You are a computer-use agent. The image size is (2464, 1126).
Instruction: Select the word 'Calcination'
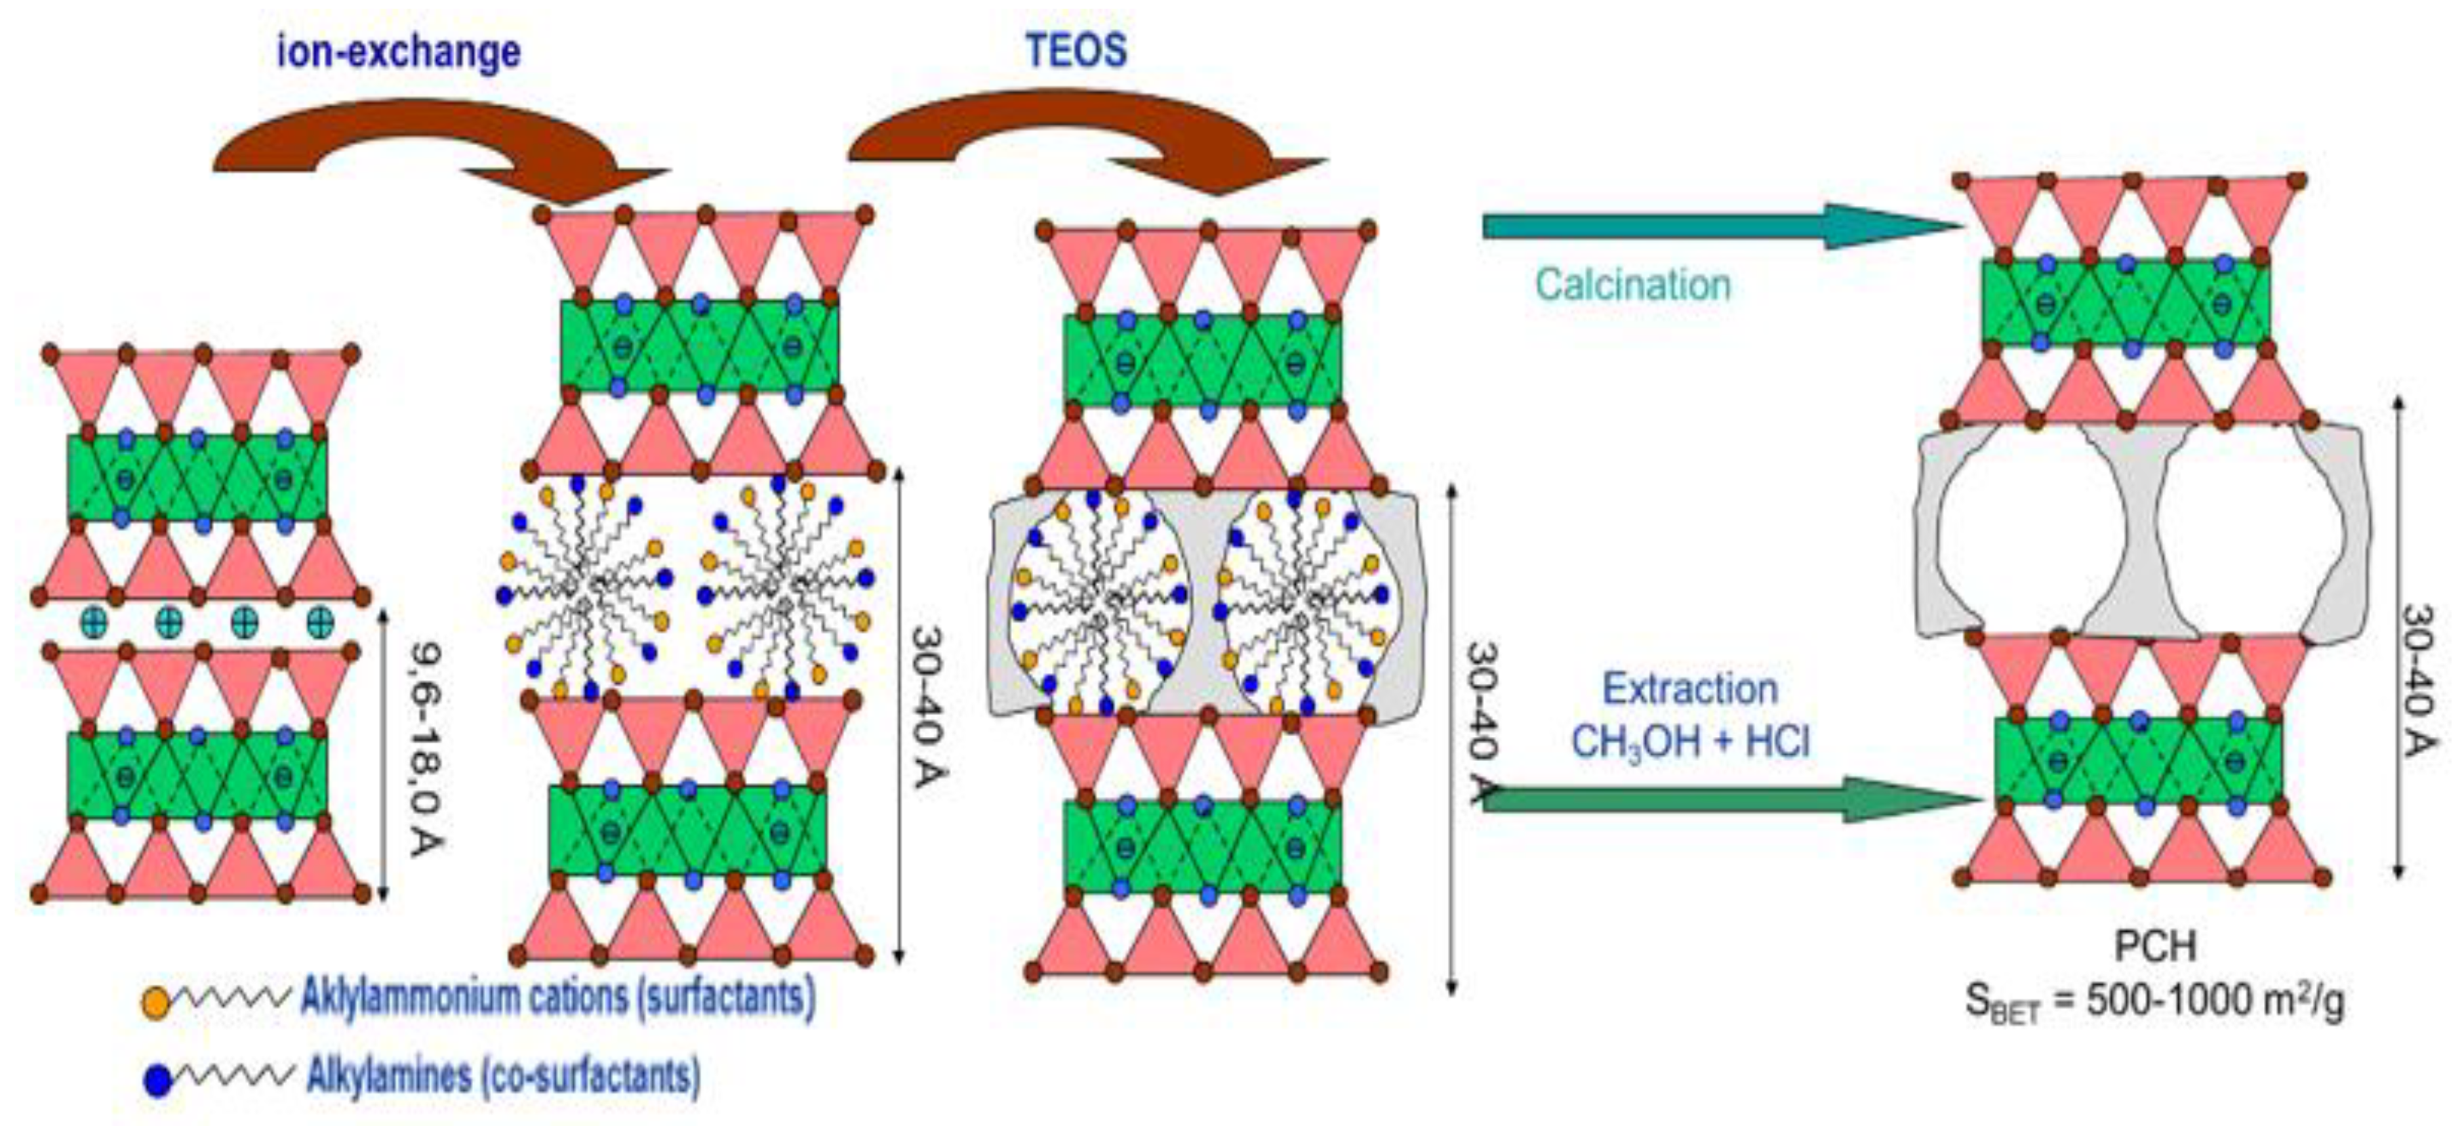[x=1633, y=285]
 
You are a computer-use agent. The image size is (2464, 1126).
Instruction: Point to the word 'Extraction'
[x=1689, y=689]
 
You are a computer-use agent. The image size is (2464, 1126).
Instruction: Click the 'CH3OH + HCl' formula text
[x=1690, y=741]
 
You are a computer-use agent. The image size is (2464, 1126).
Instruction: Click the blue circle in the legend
[x=157, y=1081]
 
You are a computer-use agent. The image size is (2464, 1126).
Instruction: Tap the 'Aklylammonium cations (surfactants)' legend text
[x=557, y=998]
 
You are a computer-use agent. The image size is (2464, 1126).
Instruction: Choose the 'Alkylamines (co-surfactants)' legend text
[x=503, y=1076]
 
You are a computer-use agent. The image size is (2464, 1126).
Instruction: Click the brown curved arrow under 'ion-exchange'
[x=430, y=144]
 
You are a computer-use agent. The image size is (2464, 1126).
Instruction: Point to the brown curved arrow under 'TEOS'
[x=1081, y=134]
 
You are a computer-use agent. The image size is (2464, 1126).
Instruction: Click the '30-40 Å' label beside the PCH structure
[x=2417, y=679]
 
